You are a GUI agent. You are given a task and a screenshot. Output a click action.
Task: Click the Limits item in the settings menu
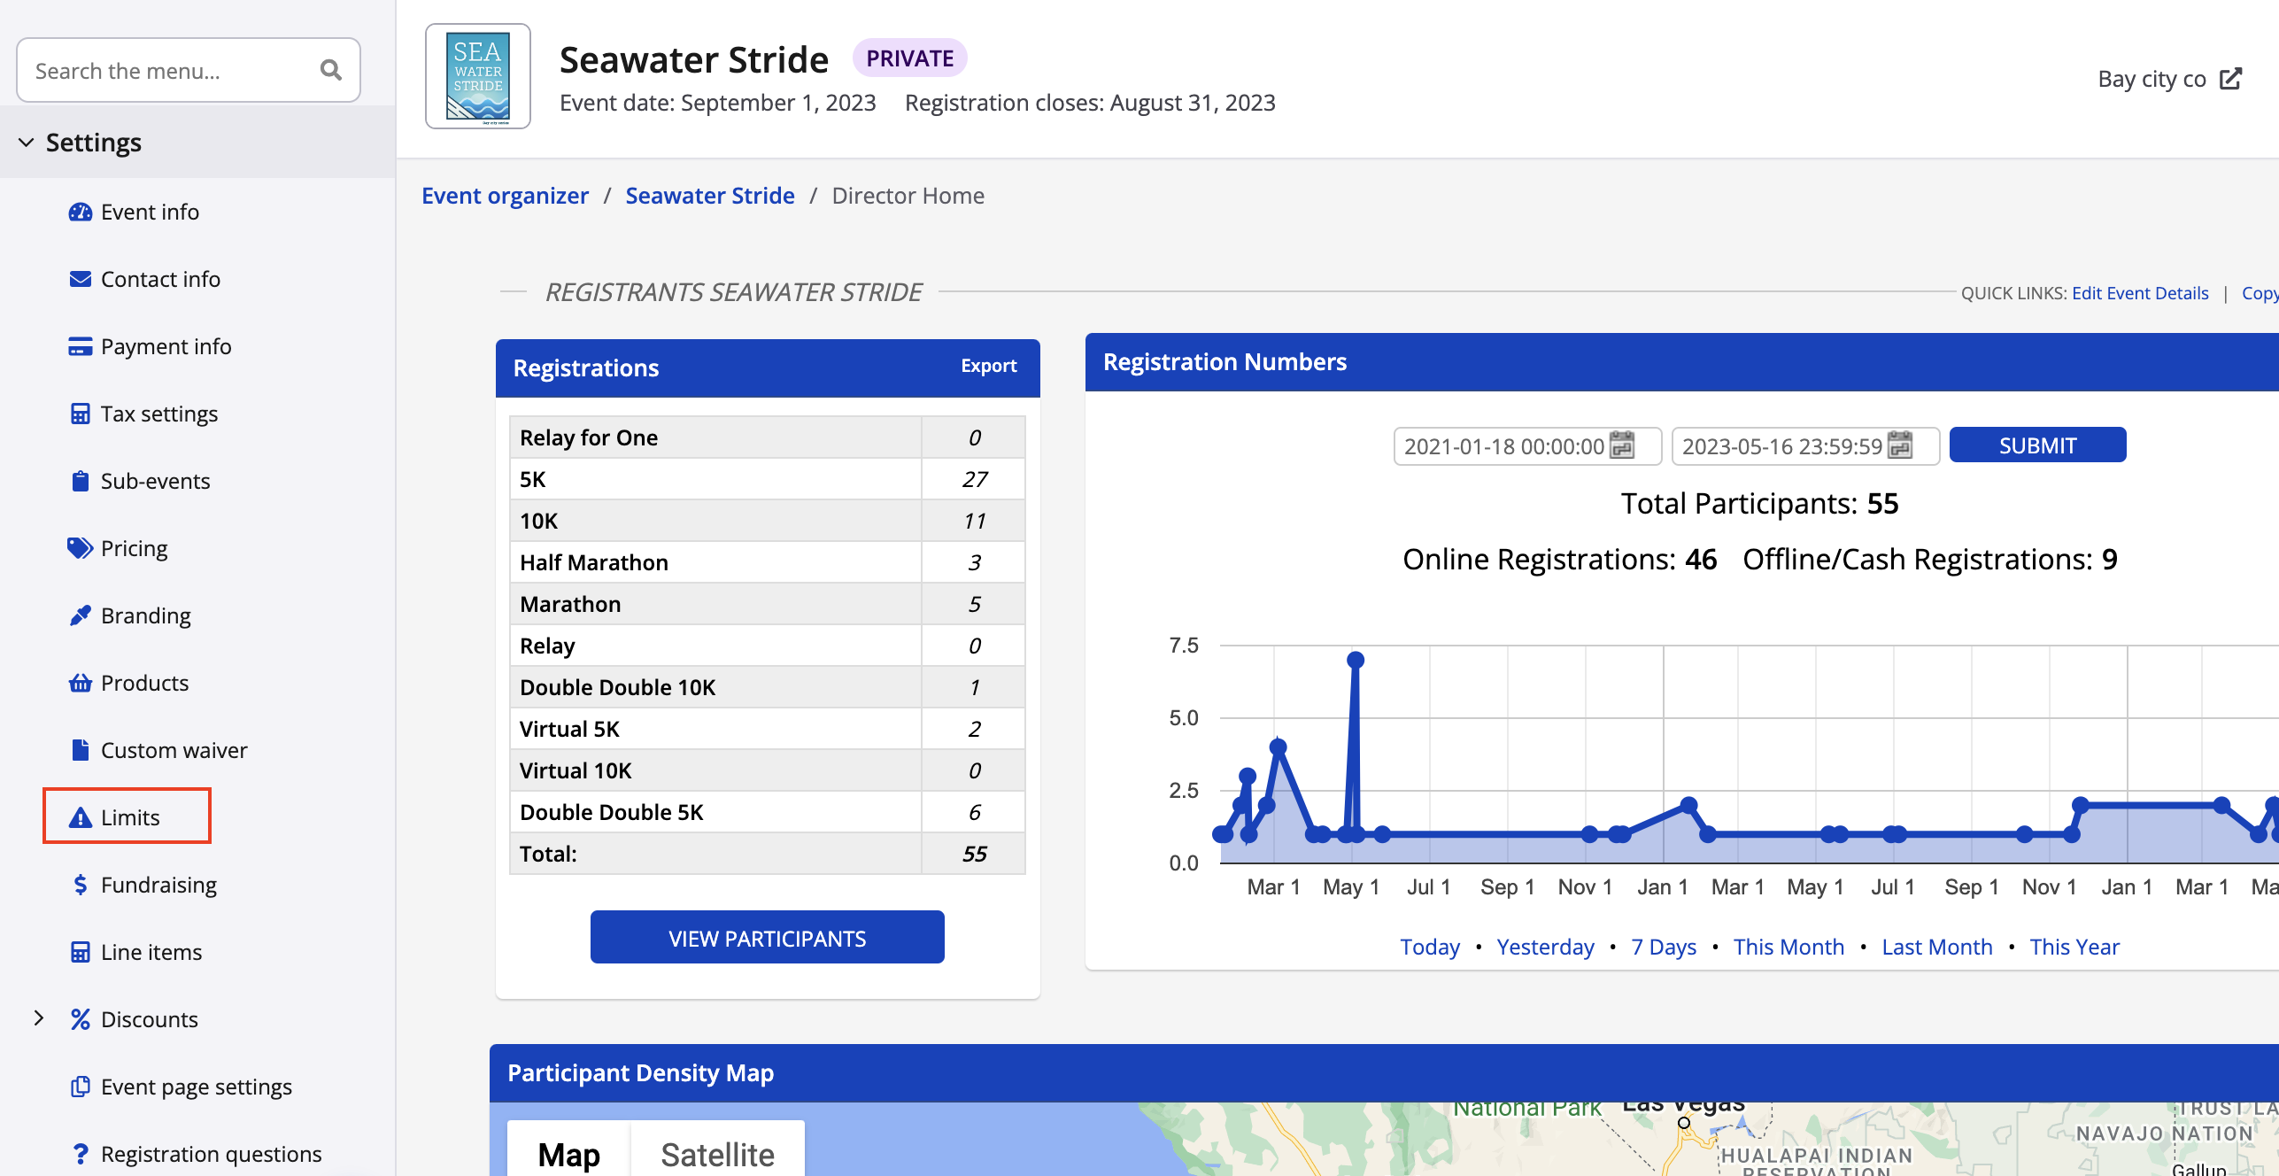click(129, 817)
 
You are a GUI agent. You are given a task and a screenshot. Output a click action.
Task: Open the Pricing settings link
click(134, 548)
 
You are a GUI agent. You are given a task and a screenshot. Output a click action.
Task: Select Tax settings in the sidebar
click(158, 414)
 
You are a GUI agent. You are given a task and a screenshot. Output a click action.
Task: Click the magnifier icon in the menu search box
click(331, 70)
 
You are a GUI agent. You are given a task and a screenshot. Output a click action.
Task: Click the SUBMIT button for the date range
click(2037, 445)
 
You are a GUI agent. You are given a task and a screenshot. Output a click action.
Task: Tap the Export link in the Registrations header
click(988, 366)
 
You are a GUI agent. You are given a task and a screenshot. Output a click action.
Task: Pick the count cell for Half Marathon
click(974, 562)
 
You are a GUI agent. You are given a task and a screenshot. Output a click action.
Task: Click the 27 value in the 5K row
click(974, 479)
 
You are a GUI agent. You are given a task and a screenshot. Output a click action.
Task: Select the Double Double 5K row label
click(611, 812)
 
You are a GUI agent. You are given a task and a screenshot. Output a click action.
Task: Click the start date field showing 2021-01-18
click(1503, 446)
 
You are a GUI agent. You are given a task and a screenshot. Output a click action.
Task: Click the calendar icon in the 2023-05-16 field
click(1900, 445)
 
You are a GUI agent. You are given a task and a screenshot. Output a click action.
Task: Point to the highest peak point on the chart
click(1355, 660)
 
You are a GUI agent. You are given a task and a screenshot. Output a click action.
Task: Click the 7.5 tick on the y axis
click(1184, 646)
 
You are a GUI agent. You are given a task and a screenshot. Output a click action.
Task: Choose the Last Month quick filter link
click(1936, 947)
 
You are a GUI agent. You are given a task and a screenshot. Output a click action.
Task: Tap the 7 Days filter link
click(1663, 947)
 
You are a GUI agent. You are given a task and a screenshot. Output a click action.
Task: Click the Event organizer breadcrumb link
click(505, 196)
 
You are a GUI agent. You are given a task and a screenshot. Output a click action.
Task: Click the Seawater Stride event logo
click(478, 76)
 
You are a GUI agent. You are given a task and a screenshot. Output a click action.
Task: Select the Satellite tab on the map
click(717, 1154)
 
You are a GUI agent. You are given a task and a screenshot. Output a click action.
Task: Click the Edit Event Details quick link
click(2139, 293)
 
